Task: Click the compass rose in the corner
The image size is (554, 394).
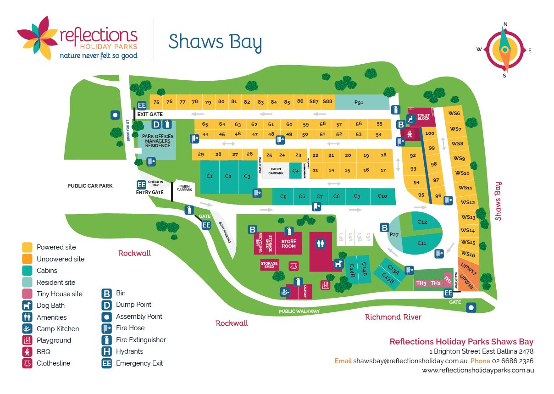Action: point(504,50)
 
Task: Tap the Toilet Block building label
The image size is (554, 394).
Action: point(423,117)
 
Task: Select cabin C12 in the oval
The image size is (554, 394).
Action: point(422,222)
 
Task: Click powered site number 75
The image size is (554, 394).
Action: point(156,102)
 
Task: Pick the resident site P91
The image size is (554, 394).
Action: point(359,102)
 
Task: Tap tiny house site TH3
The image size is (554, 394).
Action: point(421,283)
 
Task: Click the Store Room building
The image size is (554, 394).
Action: point(288,244)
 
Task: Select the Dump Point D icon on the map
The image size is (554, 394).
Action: point(156,124)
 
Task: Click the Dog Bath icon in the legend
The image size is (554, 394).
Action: point(27,305)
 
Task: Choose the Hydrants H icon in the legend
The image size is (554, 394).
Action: point(106,351)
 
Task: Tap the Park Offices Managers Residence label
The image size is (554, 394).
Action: point(157,141)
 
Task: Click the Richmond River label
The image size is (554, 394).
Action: point(393,316)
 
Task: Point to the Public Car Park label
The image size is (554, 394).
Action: point(90,186)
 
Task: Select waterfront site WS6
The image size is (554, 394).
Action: point(454,114)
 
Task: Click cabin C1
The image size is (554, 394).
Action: point(210,176)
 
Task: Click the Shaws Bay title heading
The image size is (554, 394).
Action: point(215,41)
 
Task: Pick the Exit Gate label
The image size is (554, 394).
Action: point(150,114)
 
